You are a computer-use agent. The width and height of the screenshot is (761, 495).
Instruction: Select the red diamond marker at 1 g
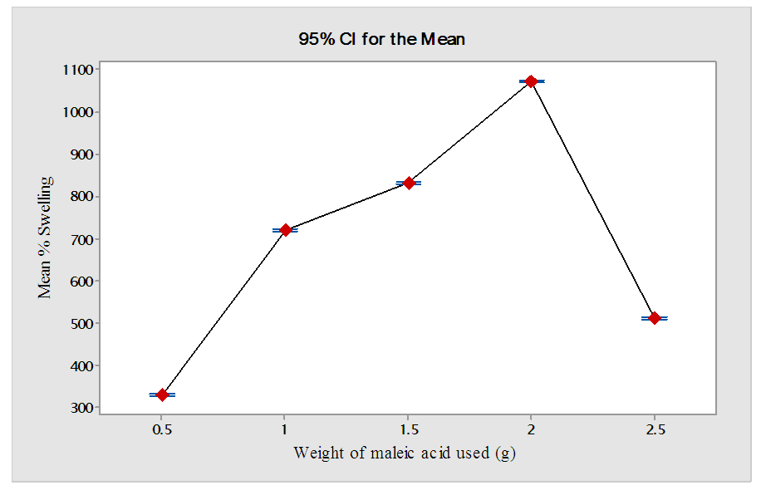(x=285, y=230)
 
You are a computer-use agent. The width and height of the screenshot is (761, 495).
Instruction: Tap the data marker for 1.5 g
(x=408, y=183)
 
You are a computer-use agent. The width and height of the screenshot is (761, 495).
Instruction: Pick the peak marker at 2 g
(x=531, y=81)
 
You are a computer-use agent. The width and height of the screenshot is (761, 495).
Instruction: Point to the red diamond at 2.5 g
(x=655, y=318)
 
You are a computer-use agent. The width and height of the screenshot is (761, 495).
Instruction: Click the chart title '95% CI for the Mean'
(x=381, y=38)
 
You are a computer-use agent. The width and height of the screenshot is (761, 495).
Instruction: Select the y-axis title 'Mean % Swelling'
(x=46, y=237)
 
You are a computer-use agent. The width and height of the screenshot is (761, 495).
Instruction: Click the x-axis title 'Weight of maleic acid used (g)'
(x=405, y=453)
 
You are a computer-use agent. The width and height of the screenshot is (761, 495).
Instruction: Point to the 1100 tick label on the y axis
(x=79, y=70)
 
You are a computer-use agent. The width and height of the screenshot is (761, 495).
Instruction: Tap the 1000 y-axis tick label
(x=79, y=112)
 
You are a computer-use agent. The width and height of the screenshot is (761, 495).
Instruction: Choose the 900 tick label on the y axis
(x=82, y=154)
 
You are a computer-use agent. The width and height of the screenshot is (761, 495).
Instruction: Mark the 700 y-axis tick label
(x=82, y=239)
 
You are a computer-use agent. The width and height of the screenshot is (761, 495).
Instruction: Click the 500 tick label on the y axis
(x=82, y=323)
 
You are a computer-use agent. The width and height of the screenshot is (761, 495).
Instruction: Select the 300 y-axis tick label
(x=82, y=408)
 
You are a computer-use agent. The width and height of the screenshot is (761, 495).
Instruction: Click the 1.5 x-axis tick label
(x=408, y=429)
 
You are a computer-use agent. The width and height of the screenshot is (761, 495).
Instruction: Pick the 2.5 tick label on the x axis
(x=655, y=429)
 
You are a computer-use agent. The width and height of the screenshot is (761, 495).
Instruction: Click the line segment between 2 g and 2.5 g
(x=593, y=200)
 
